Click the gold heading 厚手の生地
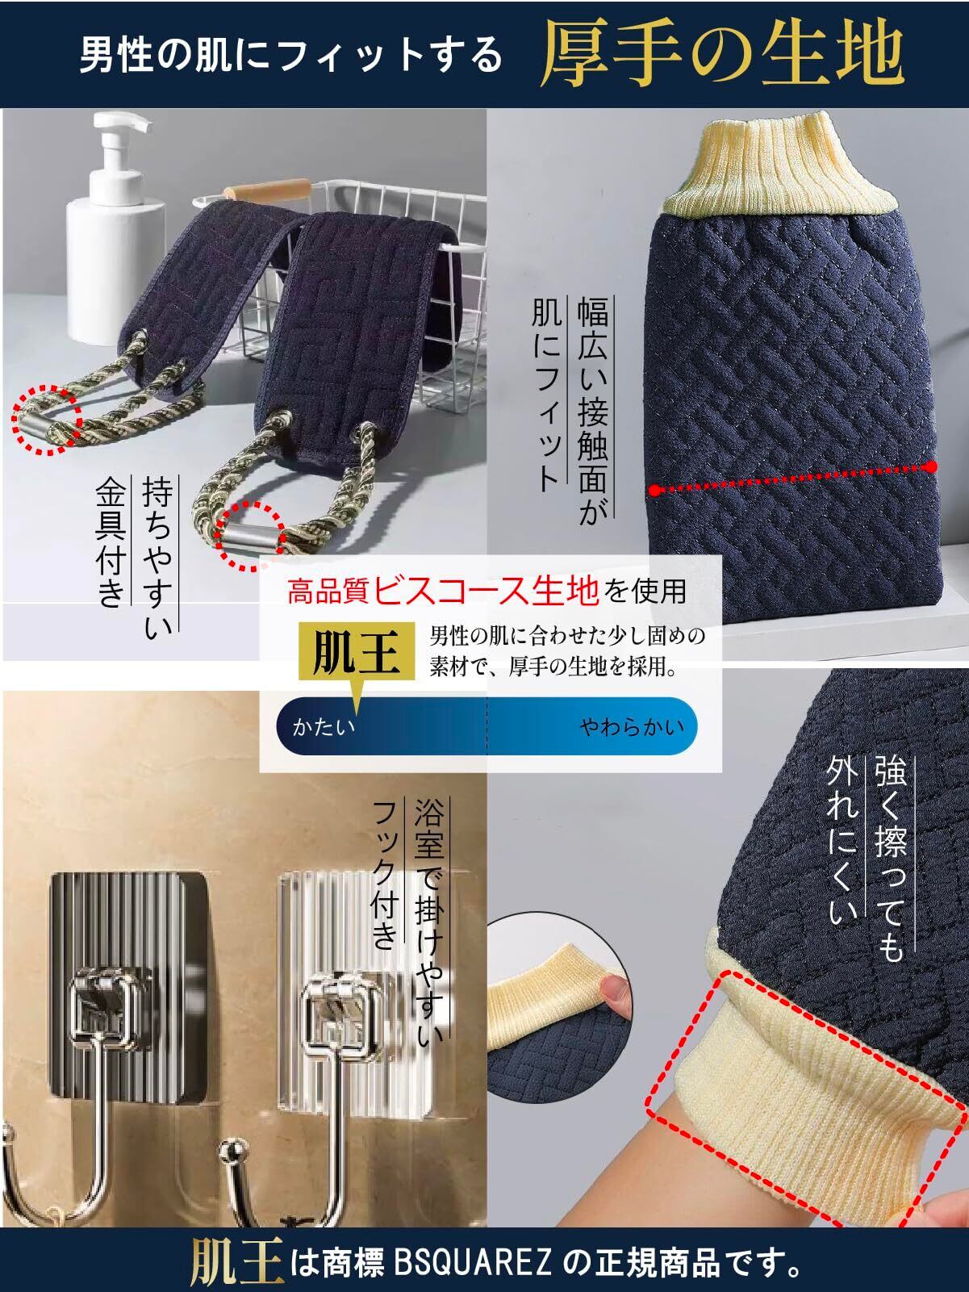pyautogui.click(x=722, y=56)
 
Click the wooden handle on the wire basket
pyautogui.click(x=267, y=192)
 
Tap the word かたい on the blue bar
pyautogui.click(x=324, y=727)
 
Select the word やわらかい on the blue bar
pyautogui.click(x=633, y=727)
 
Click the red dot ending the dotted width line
pyautogui.click(x=930, y=466)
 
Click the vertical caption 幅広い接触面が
pyautogui.click(x=592, y=410)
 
